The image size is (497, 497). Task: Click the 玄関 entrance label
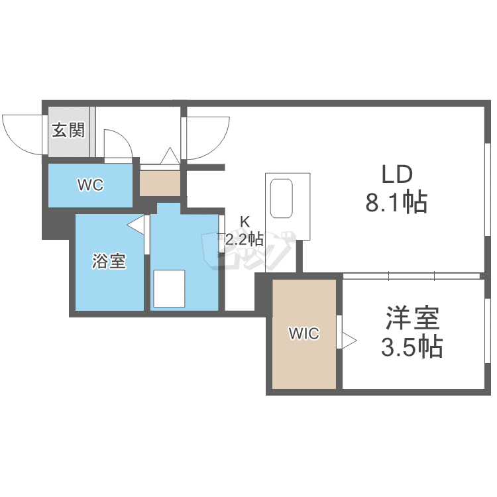pos(68,129)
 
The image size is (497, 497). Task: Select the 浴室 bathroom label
pos(109,262)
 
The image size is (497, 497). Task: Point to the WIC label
pos(304,334)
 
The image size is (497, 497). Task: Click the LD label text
pos(396,174)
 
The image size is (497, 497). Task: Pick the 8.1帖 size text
pos(396,201)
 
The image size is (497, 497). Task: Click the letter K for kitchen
pos(245,222)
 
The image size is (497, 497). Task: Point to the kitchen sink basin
pos(281,197)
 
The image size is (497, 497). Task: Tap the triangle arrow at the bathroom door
pos(136,225)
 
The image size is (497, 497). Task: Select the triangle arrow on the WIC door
pos(349,341)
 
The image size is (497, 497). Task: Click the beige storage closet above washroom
pos(160,182)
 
